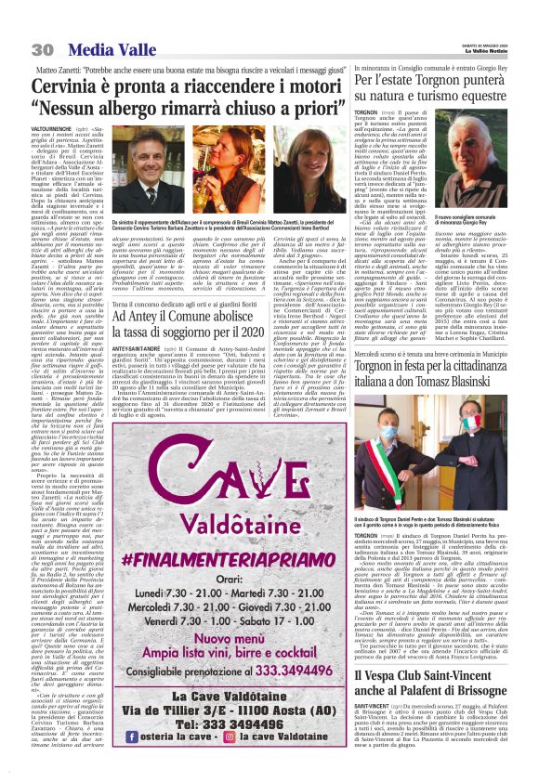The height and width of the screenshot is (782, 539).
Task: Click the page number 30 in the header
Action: coord(41,48)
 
